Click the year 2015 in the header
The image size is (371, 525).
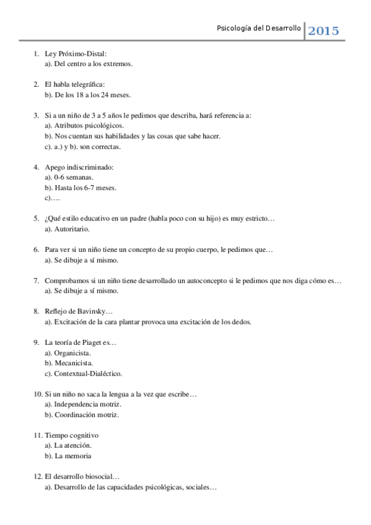click(323, 31)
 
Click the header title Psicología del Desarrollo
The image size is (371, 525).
click(259, 28)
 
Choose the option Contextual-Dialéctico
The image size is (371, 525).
click(88, 373)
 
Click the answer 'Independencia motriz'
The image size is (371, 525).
click(87, 404)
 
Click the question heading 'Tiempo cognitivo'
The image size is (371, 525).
click(71, 435)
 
